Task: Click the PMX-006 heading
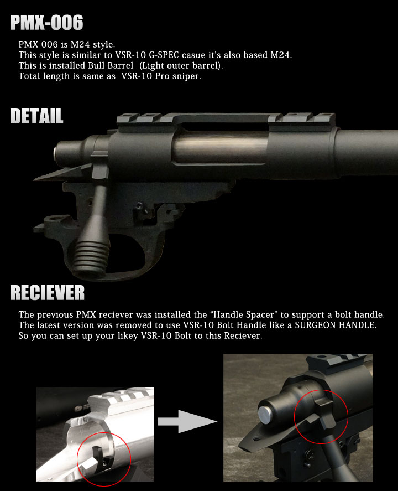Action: (x=46, y=23)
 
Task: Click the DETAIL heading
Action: (x=36, y=116)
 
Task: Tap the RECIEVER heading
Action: (x=47, y=292)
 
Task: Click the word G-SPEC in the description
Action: (x=164, y=55)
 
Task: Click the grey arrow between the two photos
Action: (x=187, y=421)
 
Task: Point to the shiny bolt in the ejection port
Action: (x=221, y=147)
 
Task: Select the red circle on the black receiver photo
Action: (x=321, y=416)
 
